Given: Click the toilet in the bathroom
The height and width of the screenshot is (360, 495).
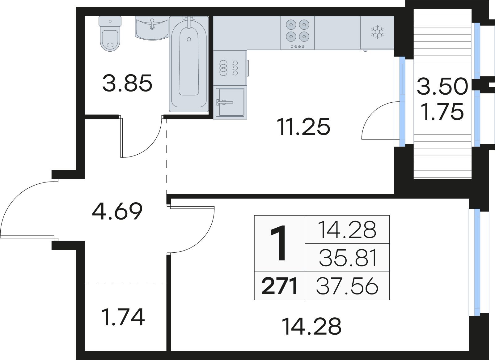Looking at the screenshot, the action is click(110, 34).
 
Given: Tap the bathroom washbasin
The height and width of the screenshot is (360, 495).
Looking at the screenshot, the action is click(152, 28).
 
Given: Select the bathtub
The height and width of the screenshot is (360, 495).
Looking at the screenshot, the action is click(189, 64).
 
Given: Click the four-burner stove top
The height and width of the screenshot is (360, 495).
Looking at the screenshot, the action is click(298, 33).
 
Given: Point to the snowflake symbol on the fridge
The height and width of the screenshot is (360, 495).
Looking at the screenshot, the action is click(377, 32).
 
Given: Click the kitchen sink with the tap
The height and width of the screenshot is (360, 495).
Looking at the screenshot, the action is click(230, 102).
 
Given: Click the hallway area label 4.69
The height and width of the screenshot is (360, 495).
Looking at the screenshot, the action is click(117, 211).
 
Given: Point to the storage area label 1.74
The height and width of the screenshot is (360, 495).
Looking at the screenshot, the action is click(123, 317).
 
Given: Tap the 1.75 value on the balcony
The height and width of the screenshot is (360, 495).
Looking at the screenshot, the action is click(442, 112).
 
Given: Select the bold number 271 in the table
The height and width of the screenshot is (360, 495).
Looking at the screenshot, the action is click(279, 286).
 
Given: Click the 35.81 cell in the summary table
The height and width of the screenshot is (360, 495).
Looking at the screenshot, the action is click(348, 258).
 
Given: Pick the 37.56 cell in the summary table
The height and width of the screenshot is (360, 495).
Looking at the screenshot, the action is click(347, 286).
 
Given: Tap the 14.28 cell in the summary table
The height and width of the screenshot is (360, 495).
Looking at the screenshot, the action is click(347, 229).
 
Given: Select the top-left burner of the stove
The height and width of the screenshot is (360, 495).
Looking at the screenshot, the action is click(291, 24).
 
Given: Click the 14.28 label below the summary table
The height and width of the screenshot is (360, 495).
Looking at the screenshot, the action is click(312, 326).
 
